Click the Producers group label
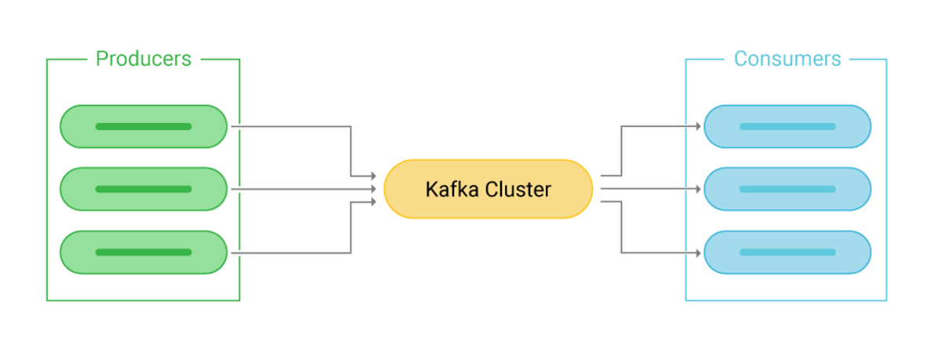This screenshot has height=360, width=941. click(143, 59)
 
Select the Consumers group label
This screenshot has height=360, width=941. click(787, 59)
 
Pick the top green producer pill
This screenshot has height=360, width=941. click(144, 126)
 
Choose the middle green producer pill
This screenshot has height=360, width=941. click(144, 189)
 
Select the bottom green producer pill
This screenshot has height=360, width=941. click(144, 253)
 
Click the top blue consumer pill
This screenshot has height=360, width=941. click(787, 126)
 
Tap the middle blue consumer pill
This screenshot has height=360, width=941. click(787, 189)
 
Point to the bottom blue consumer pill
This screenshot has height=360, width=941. click(787, 253)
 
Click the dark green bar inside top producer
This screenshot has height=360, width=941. click(144, 126)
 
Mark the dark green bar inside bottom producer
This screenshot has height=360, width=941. click(144, 253)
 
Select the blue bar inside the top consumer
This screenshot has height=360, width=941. click(787, 126)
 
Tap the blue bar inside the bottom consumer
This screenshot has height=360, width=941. click(787, 253)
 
